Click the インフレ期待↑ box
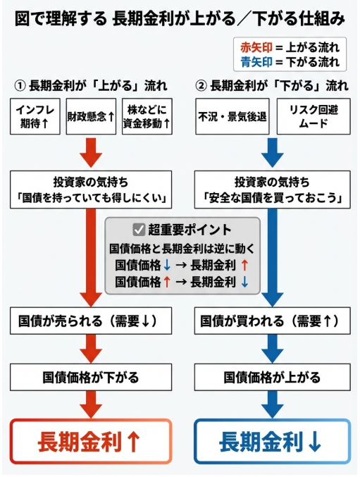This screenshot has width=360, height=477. pyautogui.click(x=35, y=116)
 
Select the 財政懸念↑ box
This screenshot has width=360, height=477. pyautogui.click(x=91, y=117)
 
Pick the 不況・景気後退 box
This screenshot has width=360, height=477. pyautogui.click(x=232, y=117)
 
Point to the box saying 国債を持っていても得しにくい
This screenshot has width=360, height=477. pyautogui.click(x=92, y=190)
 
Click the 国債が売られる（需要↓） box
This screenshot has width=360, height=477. pyautogui.click(x=92, y=321)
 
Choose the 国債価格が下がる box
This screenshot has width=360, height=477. pyautogui.click(x=92, y=376)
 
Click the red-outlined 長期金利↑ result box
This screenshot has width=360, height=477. pyautogui.click(x=92, y=442)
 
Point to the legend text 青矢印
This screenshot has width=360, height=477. pyautogui.click(x=256, y=62)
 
